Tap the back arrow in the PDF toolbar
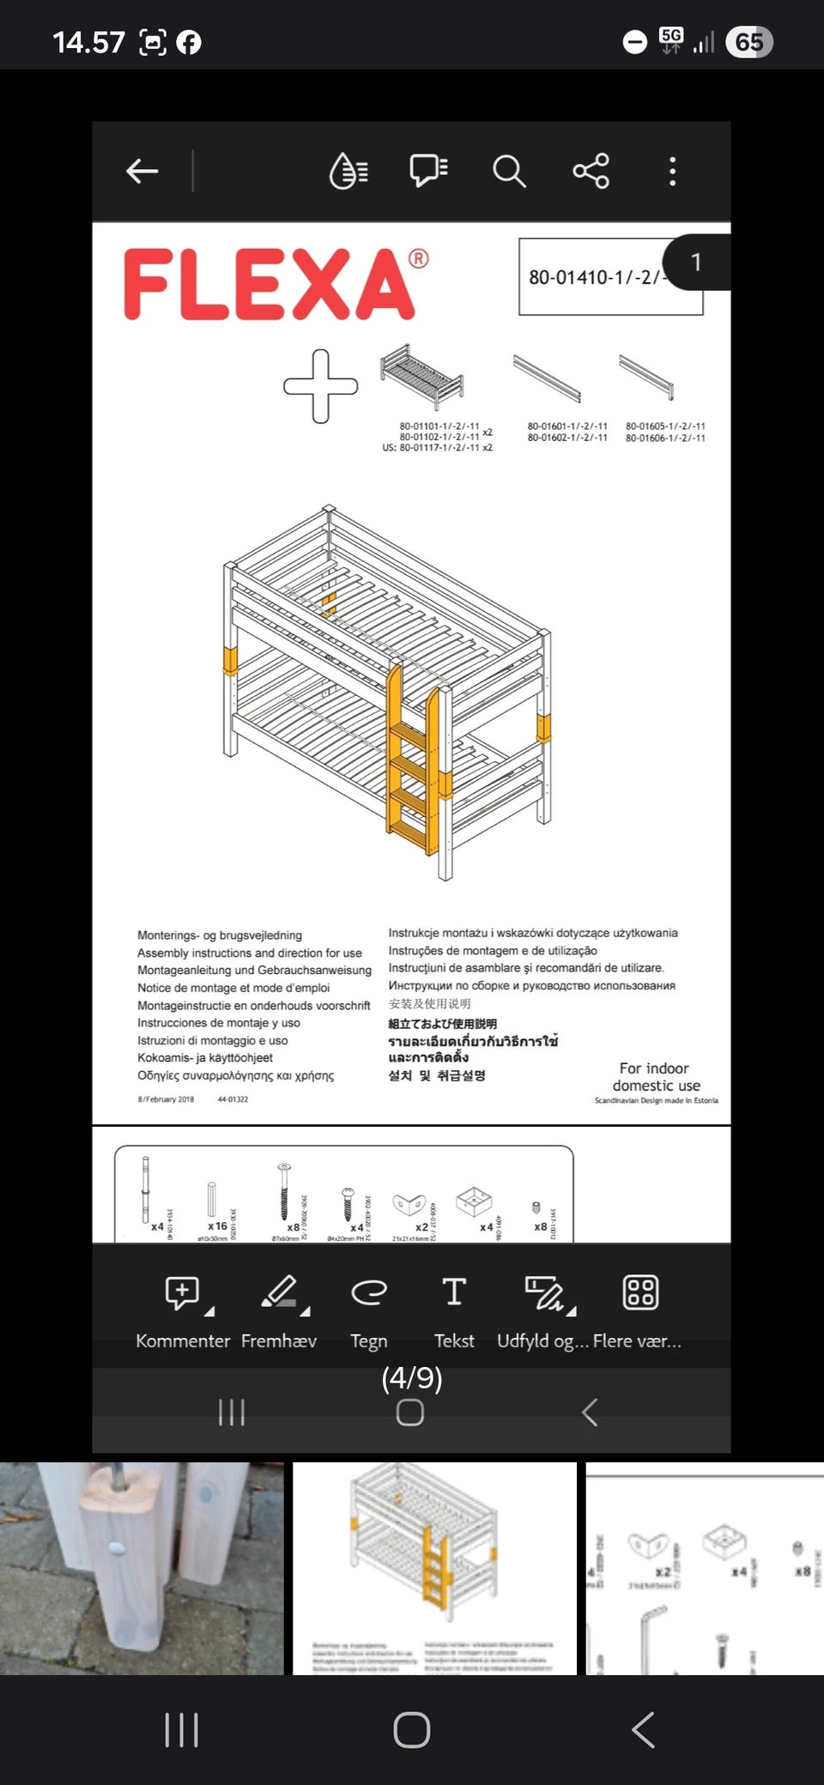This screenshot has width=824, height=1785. coord(142,172)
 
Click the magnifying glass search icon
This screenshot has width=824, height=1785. coord(508,172)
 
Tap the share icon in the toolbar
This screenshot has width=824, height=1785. coord(591,172)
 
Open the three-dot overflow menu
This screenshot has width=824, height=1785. coord(672,172)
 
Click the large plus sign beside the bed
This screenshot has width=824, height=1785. coord(321,386)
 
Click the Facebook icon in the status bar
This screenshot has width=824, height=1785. coord(189,42)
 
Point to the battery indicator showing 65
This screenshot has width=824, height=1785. coord(749,42)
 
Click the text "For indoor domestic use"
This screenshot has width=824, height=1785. coord(656,1077)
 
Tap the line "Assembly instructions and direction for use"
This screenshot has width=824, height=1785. coord(250,953)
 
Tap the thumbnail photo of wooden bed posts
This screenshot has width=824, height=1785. coord(142,1569)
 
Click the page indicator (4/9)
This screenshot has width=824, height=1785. coord(412,1378)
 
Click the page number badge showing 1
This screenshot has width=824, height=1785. coord(696,263)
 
